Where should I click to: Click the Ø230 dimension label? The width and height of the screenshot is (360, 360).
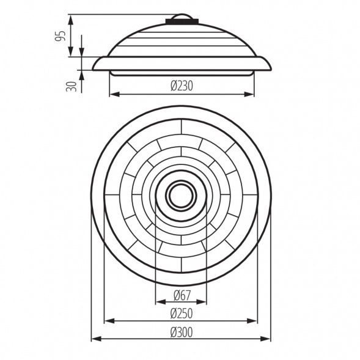pyautogui.click(x=182, y=86)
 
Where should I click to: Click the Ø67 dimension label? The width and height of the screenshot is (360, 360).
pyautogui.click(x=182, y=295)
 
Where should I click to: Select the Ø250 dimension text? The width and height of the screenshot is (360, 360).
pyautogui.click(x=182, y=314)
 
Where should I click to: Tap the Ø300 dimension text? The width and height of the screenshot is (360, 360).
pyautogui.click(x=182, y=332)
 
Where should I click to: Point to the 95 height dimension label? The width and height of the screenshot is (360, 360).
pyautogui.click(x=60, y=35)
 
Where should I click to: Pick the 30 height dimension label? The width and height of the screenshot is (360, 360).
pyautogui.click(x=72, y=86)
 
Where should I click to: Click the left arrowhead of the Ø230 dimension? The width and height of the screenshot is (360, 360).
pyautogui.click(x=113, y=95)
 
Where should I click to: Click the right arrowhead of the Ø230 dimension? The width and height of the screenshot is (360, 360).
pyautogui.click(x=250, y=95)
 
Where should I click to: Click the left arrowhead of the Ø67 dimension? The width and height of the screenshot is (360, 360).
pyautogui.click(x=160, y=302)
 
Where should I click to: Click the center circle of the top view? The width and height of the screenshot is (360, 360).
pyautogui.click(x=181, y=196)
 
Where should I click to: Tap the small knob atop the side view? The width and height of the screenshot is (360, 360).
pyautogui.click(x=182, y=17)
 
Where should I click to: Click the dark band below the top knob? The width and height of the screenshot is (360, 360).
pyautogui.click(x=182, y=22)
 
